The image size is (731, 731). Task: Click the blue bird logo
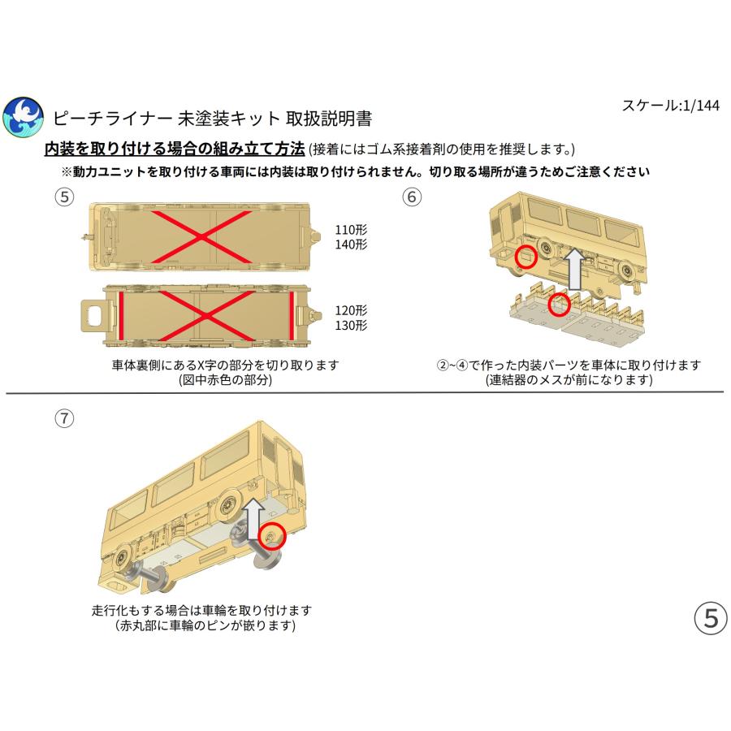tap(23, 117)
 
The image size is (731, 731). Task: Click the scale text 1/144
tap(700, 106)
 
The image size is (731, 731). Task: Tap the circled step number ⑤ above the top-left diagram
tap(65, 197)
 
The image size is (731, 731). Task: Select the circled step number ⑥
tap(412, 197)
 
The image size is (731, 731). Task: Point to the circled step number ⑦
tap(65, 418)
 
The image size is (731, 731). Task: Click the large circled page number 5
tap(711, 618)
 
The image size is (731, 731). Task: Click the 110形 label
tap(351, 229)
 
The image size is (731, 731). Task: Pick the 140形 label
tap(351, 244)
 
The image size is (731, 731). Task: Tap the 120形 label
tap(351, 310)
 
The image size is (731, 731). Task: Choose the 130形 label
tap(351, 326)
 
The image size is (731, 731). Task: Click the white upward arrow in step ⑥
tap(576, 269)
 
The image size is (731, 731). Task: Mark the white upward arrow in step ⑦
tap(254, 519)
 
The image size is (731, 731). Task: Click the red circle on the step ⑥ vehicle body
tap(526, 257)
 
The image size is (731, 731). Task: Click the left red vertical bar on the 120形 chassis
tap(121, 316)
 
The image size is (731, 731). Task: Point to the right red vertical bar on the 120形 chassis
tap(292, 316)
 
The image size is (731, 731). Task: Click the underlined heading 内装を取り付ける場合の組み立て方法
tap(175, 149)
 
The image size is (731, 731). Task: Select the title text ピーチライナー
tap(112, 119)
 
